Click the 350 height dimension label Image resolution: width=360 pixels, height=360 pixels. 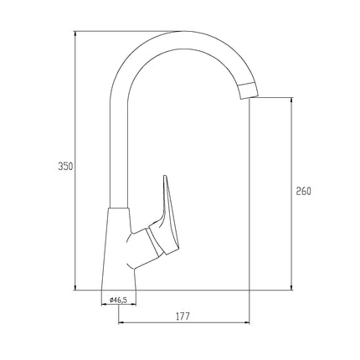click(x=65, y=167)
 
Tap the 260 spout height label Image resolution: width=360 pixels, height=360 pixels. click(x=303, y=191)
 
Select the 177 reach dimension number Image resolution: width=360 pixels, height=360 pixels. click(x=183, y=316)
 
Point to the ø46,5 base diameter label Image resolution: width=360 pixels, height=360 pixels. click(x=119, y=300)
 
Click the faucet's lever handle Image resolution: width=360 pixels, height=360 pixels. click(x=167, y=218)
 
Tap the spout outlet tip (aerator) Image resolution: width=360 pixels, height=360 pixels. click(x=249, y=90)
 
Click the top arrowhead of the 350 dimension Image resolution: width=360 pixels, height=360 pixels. click(x=75, y=33)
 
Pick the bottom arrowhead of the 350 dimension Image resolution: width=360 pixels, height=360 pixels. click(x=75, y=287)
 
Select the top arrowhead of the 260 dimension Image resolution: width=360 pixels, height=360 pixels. click(x=291, y=100)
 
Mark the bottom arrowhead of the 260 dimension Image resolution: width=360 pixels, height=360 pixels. click(x=291, y=287)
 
